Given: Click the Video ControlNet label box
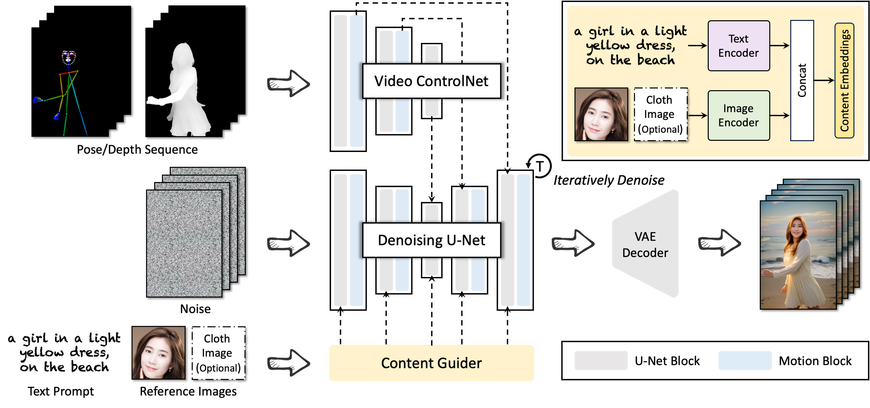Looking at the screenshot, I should [x=431, y=81].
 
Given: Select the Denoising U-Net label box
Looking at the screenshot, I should [x=431, y=240].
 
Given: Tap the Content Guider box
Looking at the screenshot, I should [x=431, y=363].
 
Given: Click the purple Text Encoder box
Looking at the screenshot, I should [x=739, y=46].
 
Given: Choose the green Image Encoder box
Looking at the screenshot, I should [x=739, y=115].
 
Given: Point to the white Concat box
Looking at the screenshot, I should [x=802, y=80].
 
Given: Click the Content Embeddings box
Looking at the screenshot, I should [x=844, y=80].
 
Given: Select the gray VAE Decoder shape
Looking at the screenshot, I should [x=645, y=244].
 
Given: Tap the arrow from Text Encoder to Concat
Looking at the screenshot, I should [x=780, y=46].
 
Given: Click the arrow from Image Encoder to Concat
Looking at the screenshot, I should [x=780, y=115].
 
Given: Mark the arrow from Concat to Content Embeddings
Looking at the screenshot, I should [x=824, y=80].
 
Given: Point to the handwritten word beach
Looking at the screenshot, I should [x=656, y=60].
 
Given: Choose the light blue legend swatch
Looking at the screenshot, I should [x=745, y=361].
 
